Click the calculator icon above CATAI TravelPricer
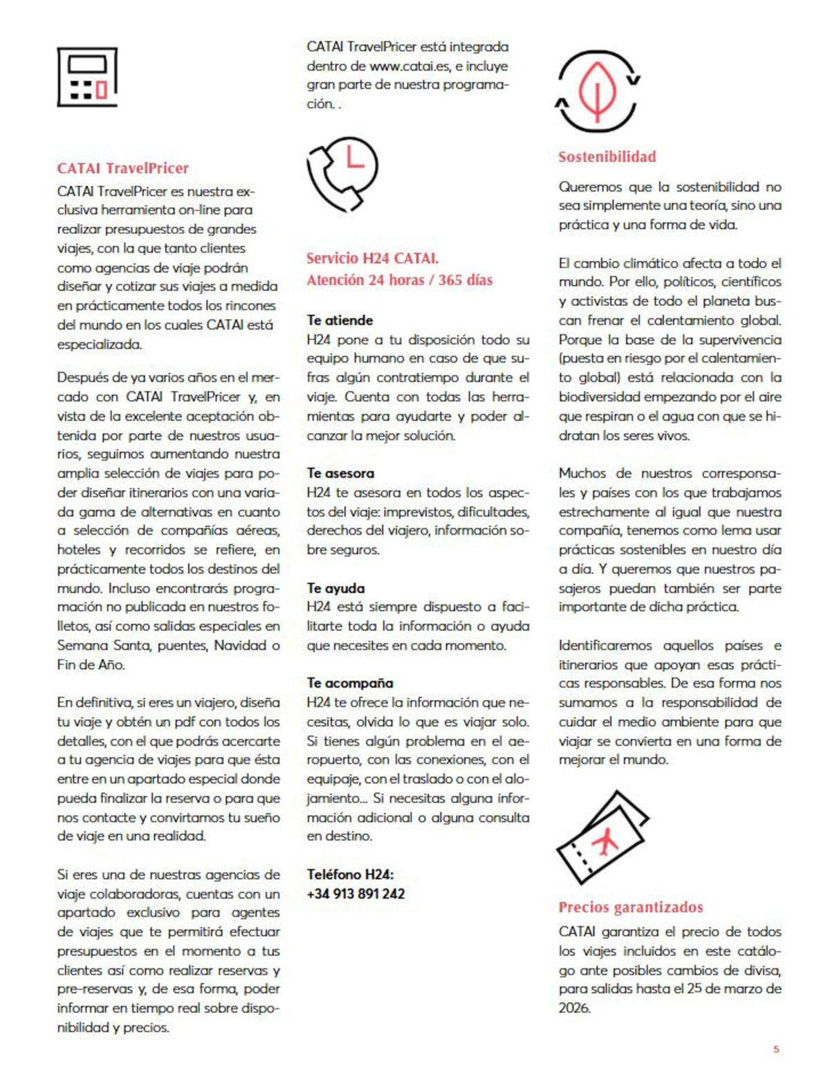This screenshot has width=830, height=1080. point(86,76)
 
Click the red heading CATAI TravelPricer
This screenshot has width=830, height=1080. point(122,168)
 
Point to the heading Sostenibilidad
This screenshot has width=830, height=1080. point(607,157)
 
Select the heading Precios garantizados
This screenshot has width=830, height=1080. point(630,907)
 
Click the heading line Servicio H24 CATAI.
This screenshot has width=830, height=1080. point(372,259)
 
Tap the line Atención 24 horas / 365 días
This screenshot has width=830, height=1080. point(399,280)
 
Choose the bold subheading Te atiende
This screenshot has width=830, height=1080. point(340,320)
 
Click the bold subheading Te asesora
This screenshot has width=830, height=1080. point(340,473)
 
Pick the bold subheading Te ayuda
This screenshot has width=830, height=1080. point(335,588)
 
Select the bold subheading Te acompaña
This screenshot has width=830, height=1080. point(349,683)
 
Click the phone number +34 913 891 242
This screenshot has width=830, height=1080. point(356,894)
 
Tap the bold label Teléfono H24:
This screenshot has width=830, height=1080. point(350,875)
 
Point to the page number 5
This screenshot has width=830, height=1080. point(775,1049)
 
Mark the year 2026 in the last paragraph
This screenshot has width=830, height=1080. point(574,1008)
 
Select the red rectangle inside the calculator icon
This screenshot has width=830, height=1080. point(102,90)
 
